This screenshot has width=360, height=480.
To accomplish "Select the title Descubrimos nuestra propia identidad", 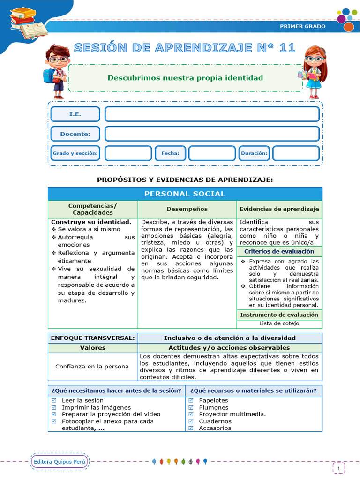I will pos(185,78).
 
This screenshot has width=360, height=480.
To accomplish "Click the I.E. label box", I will pos(75,114).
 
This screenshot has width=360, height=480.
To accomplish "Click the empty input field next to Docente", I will pos(212,134).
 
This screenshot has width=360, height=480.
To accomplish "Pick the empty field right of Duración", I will pos(296,153).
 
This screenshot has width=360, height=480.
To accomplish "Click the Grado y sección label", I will pos(75,153).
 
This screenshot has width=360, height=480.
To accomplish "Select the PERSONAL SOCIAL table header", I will pos(185,194).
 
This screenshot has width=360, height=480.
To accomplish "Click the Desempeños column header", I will pos(187,209).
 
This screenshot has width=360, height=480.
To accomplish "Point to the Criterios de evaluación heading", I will pos(279,251).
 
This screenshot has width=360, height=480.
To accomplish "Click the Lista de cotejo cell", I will pos(279,323).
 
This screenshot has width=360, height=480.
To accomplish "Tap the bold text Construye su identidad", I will pos(91,221).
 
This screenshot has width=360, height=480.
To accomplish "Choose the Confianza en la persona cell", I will pos(92,366).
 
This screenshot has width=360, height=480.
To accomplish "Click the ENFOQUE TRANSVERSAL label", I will pos(93,337).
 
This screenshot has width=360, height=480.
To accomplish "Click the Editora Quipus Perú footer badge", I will pos(60,462).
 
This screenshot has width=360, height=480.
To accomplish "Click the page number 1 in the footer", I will pos(338,468).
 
